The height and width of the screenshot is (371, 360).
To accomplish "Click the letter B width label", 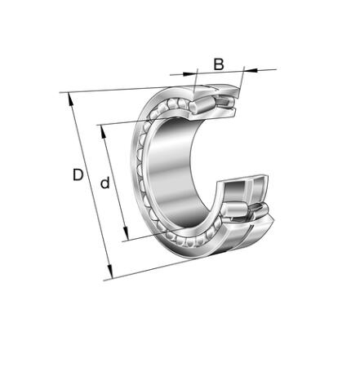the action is click(x=219, y=64).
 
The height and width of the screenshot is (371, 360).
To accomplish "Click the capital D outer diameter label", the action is click(x=78, y=174).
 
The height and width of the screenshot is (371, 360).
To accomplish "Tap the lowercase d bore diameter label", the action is click(x=105, y=183).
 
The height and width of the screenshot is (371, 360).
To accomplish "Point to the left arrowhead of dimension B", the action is click(x=189, y=73).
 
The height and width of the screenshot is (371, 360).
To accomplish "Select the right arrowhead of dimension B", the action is click(x=251, y=70).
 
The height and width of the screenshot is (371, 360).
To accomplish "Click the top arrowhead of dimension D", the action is click(x=70, y=99).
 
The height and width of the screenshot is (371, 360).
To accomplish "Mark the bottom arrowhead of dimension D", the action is click(x=109, y=272).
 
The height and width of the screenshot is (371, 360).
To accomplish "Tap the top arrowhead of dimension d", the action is click(x=104, y=132).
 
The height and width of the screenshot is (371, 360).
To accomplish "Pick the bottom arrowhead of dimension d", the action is click(x=125, y=233).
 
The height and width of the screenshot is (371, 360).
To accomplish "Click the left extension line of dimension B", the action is click(x=195, y=81).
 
